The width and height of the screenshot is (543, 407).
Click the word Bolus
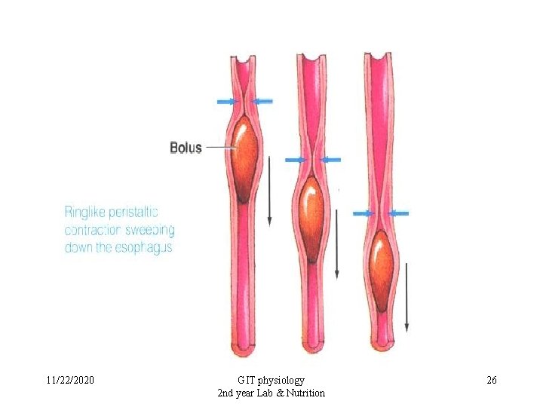coord(186,148)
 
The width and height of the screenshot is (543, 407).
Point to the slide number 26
coord(492,380)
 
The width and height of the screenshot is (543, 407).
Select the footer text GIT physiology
coord(271,380)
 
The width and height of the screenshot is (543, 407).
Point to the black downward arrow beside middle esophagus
coord(337,243)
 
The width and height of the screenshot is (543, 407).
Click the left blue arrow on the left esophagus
coord(226,101)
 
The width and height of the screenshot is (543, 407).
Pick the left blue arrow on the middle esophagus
coord(295,160)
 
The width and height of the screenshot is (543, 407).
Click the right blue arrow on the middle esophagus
coord(330,160)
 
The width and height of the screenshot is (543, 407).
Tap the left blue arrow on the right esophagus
coord(364,213)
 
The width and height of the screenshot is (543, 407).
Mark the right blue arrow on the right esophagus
coord(399,213)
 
